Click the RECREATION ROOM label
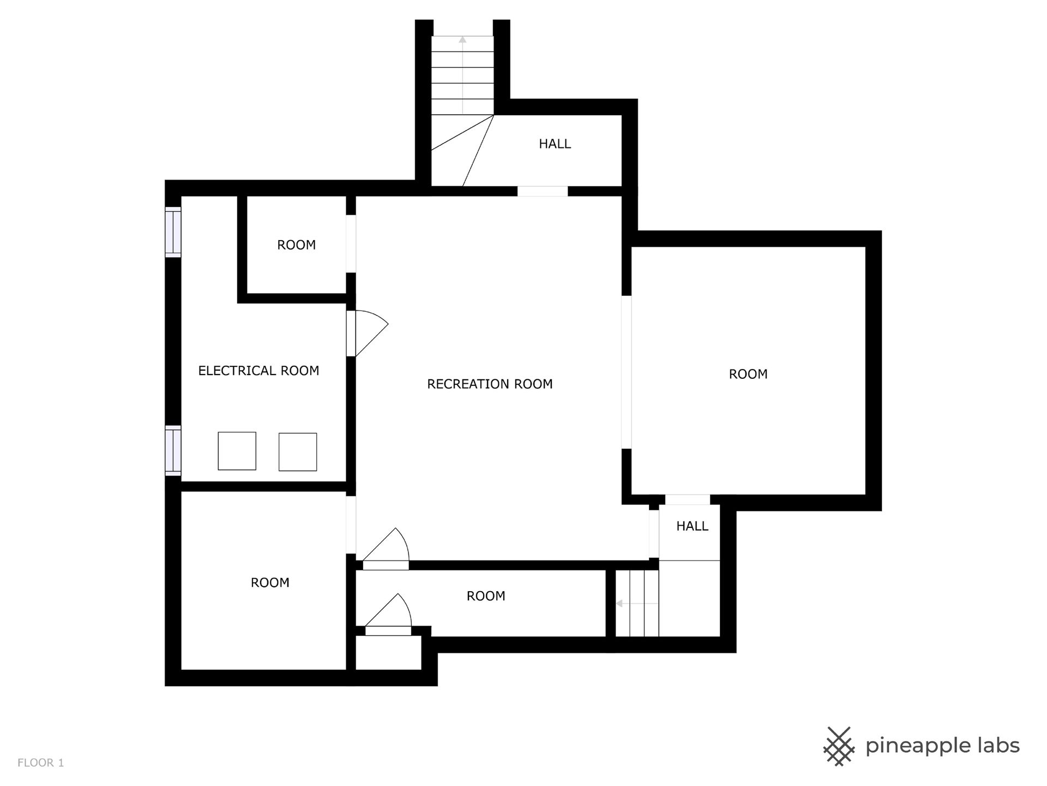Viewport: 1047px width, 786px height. pyautogui.click(x=490, y=384)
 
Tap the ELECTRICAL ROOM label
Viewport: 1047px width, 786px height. pyautogui.click(x=258, y=371)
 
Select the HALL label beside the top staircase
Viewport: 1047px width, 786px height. pyautogui.click(x=555, y=144)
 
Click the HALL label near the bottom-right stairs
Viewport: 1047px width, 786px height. pyautogui.click(x=692, y=526)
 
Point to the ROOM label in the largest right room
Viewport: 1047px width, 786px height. pyautogui.click(x=748, y=374)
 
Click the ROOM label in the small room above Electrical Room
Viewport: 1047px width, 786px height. pyautogui.click(x=296, y=245)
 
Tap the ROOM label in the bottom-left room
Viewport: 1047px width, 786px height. pyautogui.click(x=270, y=583)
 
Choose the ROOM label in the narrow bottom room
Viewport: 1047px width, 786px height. pyautogui.click(x=486, y=596)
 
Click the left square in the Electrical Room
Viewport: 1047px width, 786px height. pyautogui.click(x=237, y=451)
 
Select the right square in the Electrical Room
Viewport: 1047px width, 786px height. pyautogui.click(x=298, y=452)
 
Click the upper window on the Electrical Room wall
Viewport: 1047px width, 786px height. pyautogui.click(x=173, y=232)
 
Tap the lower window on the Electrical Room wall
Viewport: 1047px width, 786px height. pyautogui.click(x=173, y=450)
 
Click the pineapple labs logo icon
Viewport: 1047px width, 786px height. pyautogui.click(x=839, y=746)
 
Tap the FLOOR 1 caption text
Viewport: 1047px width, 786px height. pyautogui.click(x=41, y=763)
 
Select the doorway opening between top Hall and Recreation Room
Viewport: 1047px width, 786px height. pyautogui.click(x=543, y=191)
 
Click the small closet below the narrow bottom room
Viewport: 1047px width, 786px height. pyautogui.click(x=388, y=653)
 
